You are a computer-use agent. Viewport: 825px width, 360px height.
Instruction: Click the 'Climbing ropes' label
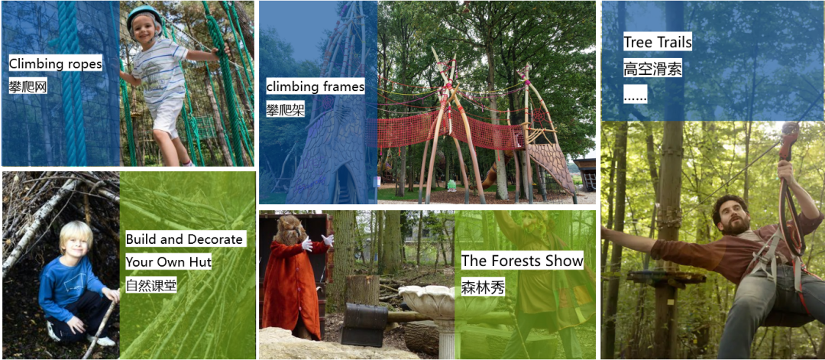pyautogui.click(x=55, y=64)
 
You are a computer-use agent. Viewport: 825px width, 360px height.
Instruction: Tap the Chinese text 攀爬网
pyautogui.click(x=28, y=86)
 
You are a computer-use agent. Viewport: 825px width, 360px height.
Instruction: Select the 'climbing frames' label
pyautogui.click(x=315, y=86)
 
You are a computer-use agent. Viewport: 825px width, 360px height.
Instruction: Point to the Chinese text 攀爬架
pyautogui.click(x=285, y=110)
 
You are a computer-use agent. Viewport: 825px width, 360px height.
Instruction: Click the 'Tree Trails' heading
pyautogui.click(x=657, y=43)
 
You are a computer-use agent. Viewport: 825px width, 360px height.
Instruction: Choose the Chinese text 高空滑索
pyautogui.click(x=652, y=69)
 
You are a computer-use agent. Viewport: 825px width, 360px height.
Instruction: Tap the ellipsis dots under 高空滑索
pyautogui.click(x=635, y=96)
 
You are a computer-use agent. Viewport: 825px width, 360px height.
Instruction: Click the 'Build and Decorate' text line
pyautogui.click(x=185, y=239)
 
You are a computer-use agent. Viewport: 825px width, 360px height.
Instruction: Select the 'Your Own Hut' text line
pyautogui.click(x=168, y=261)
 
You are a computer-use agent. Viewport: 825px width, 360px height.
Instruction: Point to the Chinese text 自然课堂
pyautogui.click(x=151, y=285)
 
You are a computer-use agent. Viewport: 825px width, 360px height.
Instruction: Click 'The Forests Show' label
pyautogui.click(x=522, y=261)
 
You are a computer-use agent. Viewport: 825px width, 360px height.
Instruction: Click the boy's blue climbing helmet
pyautogui.click(x=144, y=15)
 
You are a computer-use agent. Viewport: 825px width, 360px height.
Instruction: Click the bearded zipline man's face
pyautogui.click(x=733, y=216)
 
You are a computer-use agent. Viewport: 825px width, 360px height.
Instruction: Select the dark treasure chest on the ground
pyautogui.click(x=364, y=323)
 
